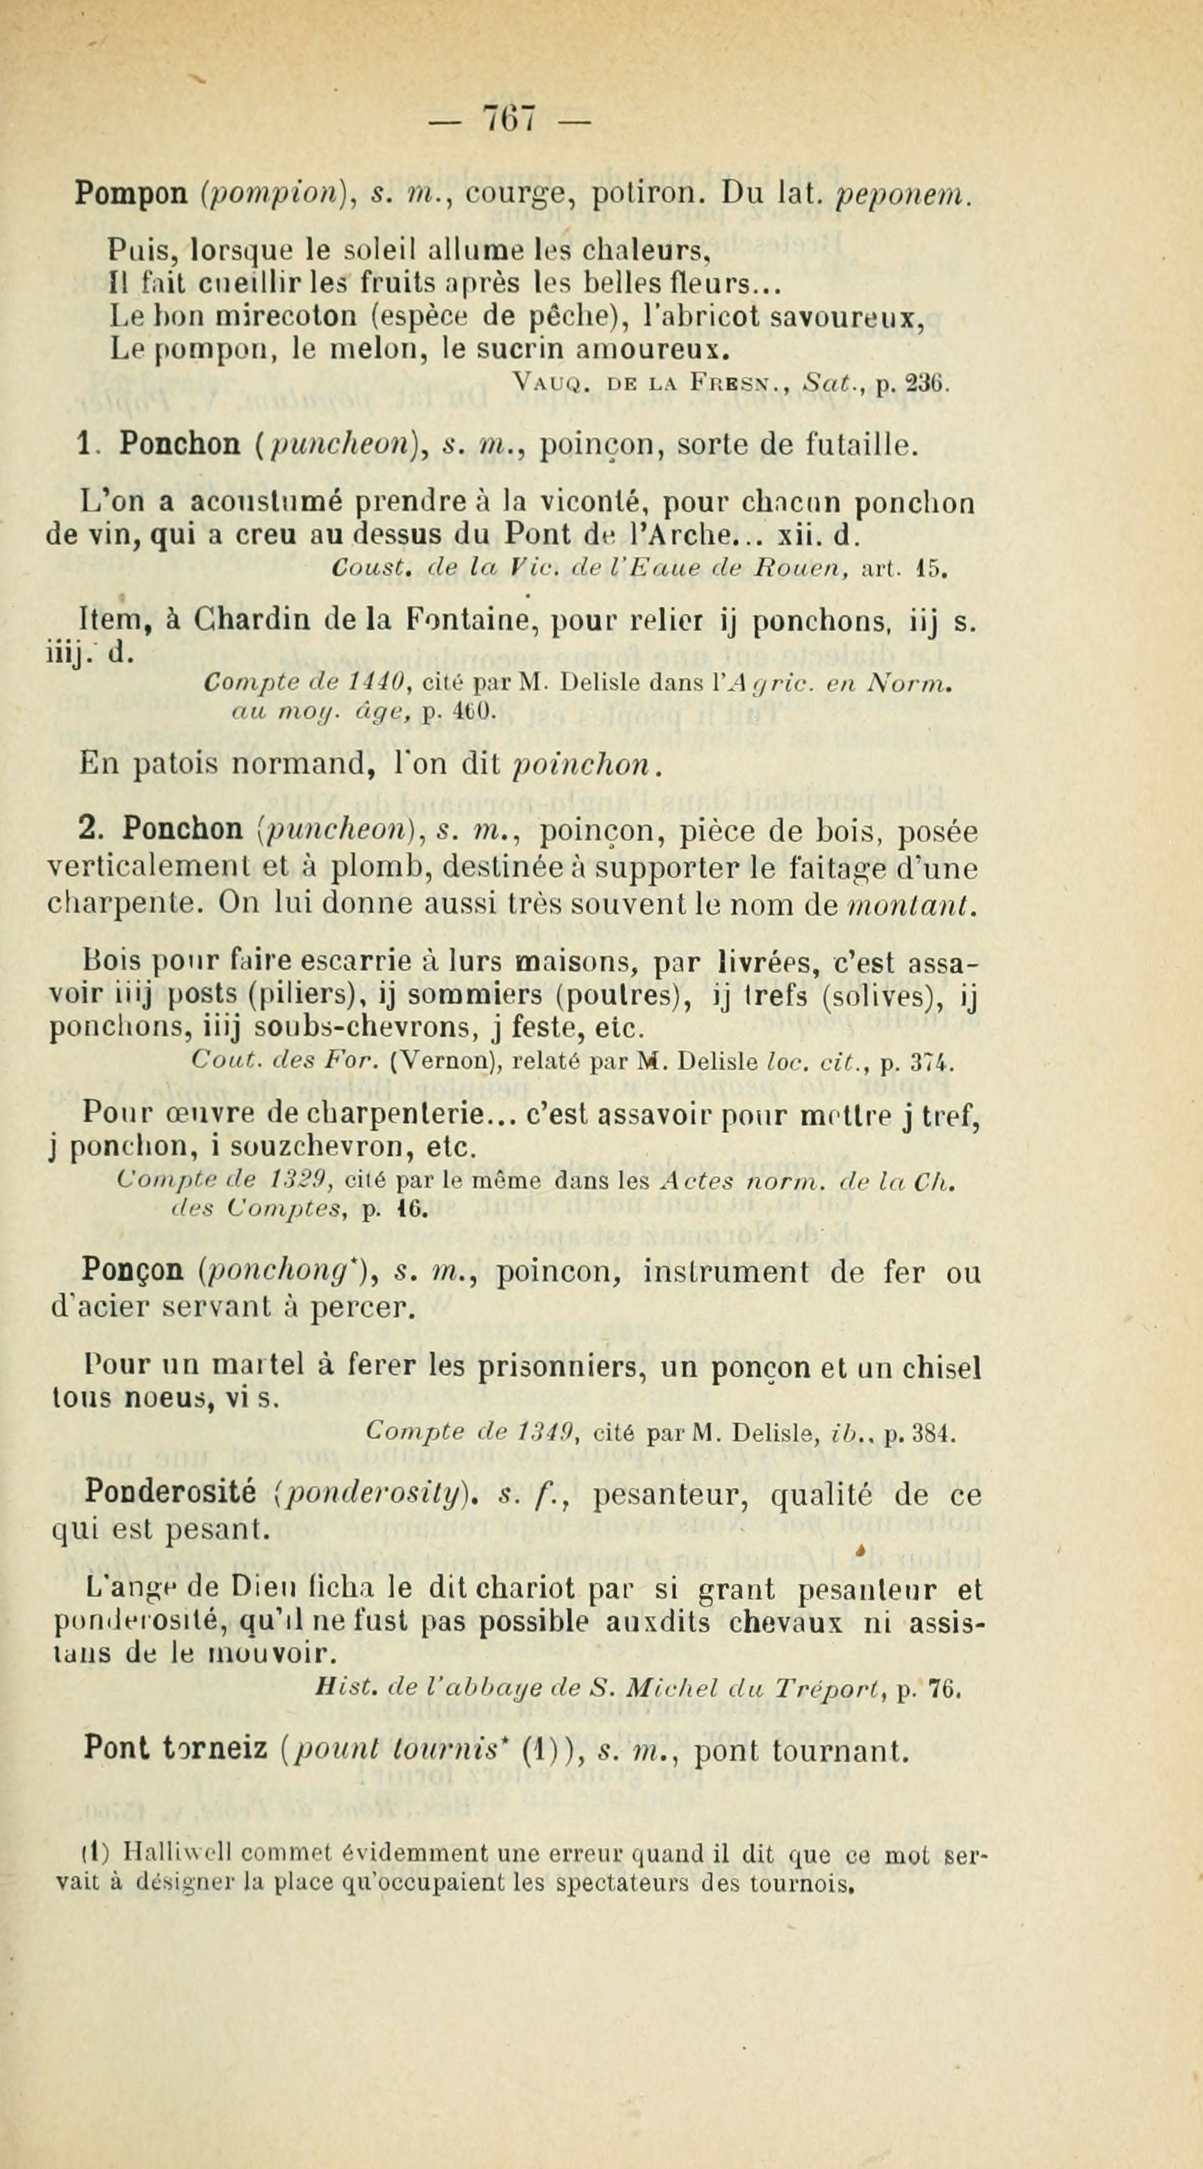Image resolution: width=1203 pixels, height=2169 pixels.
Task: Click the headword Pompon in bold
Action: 131,195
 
